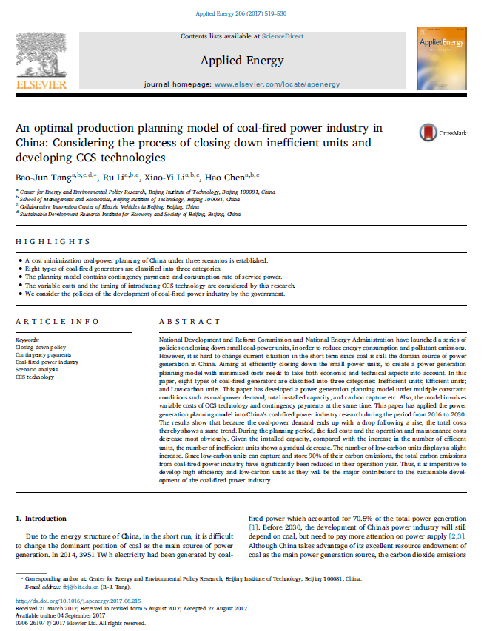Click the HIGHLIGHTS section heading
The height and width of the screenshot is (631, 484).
(x=53, y=241)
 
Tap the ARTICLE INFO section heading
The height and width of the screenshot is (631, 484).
(x=57, y=322)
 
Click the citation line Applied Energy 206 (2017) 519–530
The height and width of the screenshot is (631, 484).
(x=242, y=14)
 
